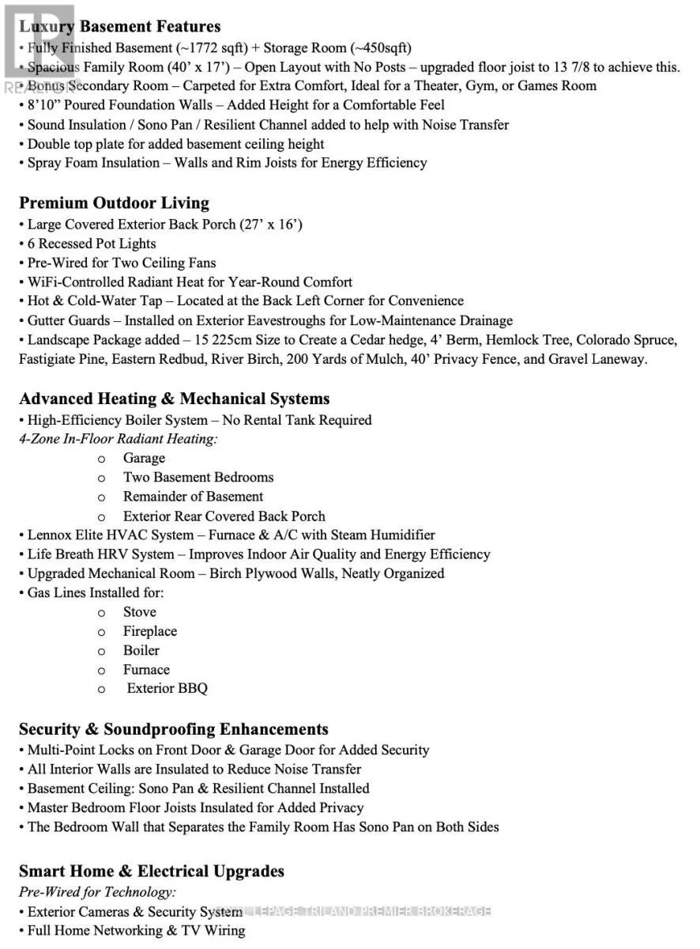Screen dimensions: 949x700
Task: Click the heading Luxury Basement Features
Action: click(x=119, y=27)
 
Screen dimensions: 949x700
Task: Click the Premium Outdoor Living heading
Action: click(x=114, y=203)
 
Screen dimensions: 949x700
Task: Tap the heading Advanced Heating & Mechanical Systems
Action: click(x=174, y=399)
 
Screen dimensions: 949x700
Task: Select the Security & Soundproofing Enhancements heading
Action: click(x=173, y=729)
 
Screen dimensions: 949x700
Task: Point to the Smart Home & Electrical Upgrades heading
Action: click(x=151, y=871)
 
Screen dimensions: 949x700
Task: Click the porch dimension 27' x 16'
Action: click(x=271, y=224)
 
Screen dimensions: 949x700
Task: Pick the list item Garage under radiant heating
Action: click(x=144, y=458)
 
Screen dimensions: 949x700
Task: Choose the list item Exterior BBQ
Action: click(x=167, y=689)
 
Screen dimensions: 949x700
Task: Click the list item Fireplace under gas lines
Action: click(x=149, y=631)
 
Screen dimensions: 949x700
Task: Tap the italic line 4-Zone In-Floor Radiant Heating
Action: click(x=119, y=439)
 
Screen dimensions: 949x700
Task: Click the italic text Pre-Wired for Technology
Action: click(x=97, y=892)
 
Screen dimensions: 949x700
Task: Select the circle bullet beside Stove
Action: click(x=101, y=613)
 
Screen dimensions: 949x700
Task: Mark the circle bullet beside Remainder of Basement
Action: click(x=101, y=497)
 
